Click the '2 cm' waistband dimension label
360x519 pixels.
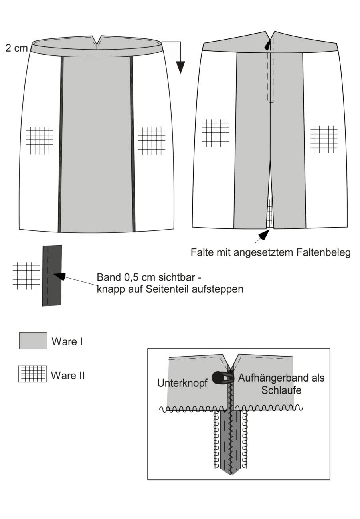16,48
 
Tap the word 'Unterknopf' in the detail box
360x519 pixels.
182,383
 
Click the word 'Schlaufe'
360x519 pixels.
281,390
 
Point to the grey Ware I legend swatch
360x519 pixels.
33,341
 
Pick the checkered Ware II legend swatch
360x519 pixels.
32,374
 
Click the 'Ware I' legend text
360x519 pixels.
67,341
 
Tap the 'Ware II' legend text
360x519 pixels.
68,375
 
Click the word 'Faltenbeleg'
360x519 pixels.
323,252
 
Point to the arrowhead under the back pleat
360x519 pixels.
264,234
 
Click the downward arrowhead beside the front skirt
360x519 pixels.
180,67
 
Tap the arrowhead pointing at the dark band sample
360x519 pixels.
59,276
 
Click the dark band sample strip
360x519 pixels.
52,275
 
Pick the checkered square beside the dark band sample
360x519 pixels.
26,276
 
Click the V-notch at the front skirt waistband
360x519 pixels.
97,42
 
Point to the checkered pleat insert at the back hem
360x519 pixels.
270,212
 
